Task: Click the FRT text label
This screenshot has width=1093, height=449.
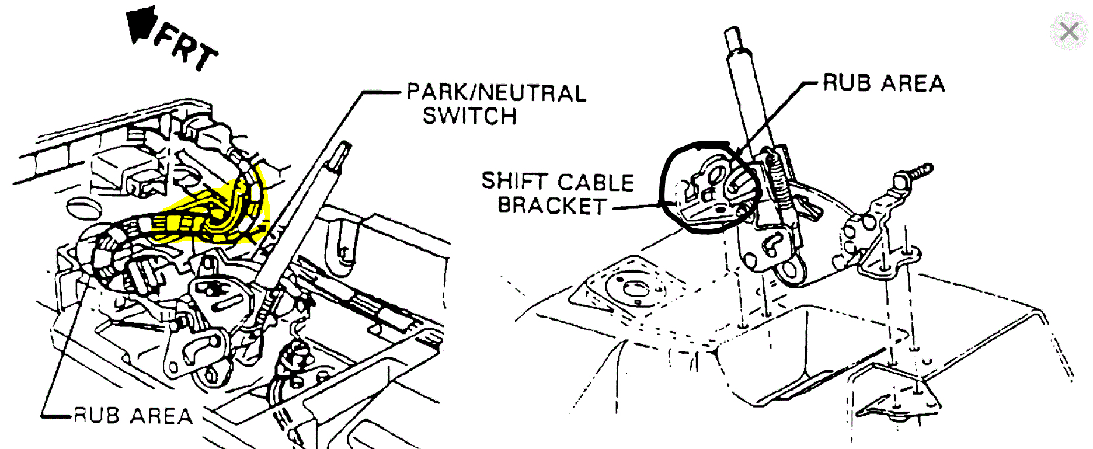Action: (186, 49)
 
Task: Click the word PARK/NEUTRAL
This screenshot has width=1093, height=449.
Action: (496, 93)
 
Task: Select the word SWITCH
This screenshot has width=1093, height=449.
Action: (469, 116)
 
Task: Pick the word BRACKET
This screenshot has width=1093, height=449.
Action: (552, 206)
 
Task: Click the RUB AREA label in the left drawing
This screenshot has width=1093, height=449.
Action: (133, 416)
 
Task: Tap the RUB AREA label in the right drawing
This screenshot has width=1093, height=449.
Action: (883, 83)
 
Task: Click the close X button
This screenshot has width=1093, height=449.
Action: (1069, 32)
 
